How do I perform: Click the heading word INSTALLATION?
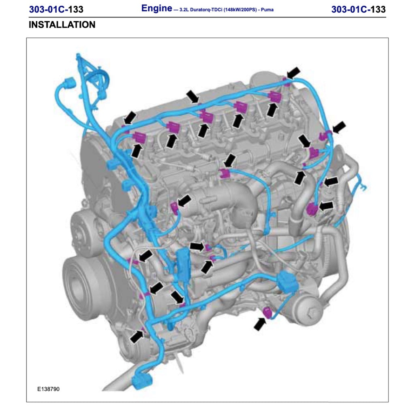coord(62,25)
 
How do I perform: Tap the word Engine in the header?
coord(156,9)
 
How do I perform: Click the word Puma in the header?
coord(267,10)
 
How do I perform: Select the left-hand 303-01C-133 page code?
coord(56,9)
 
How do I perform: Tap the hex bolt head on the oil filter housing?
coord(312,313)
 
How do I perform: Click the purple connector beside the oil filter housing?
coord(268,312)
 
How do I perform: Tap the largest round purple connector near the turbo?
coord(312,209)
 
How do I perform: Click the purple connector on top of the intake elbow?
coord(222,174)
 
